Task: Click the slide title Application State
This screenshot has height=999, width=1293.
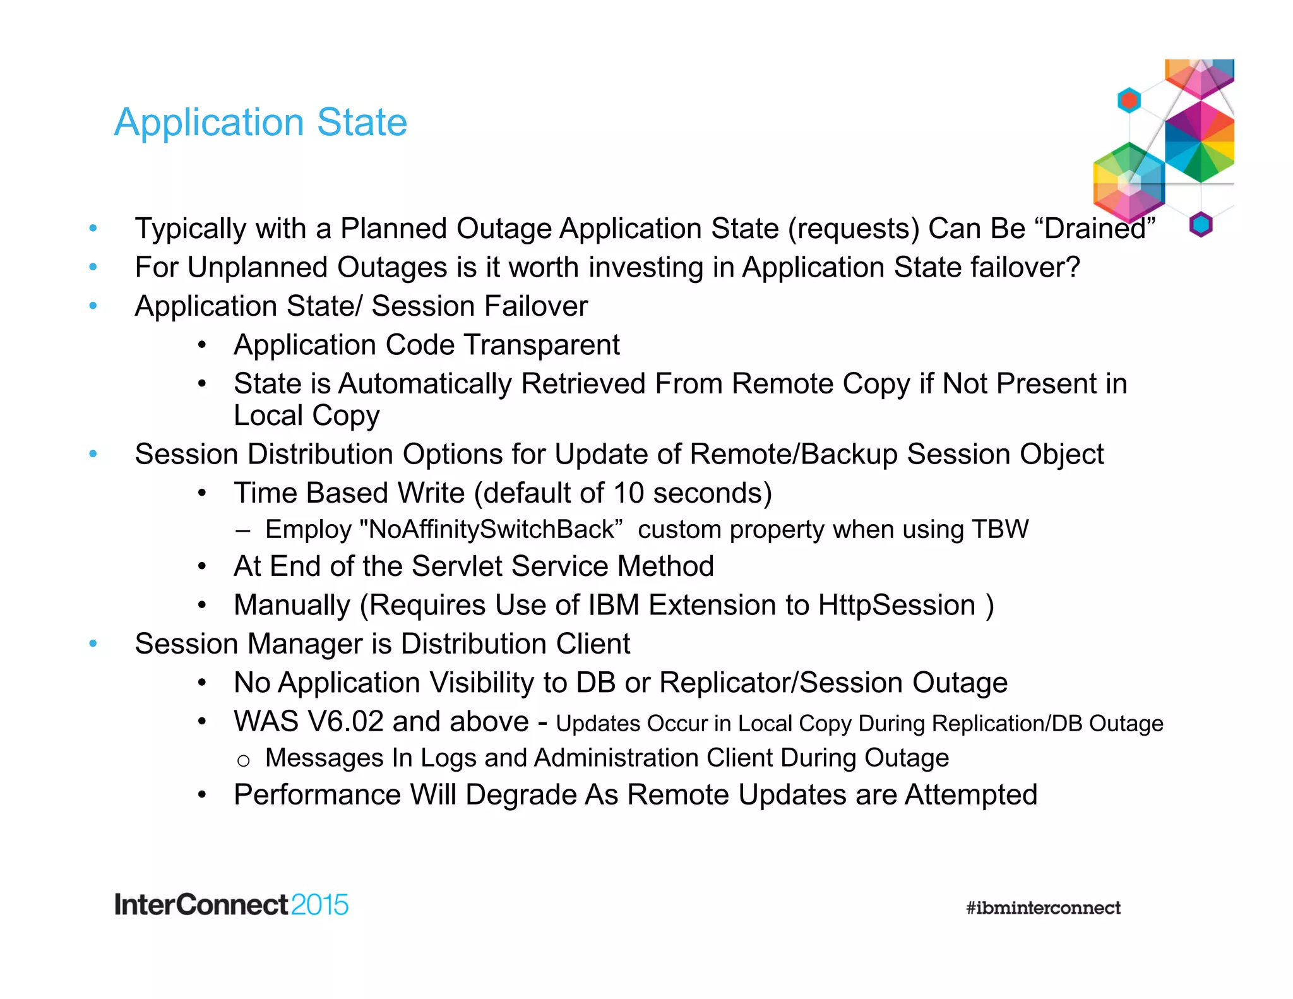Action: tap(260, 122)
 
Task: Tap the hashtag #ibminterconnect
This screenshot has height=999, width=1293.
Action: tap(1043, 907)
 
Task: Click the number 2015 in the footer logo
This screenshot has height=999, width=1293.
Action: tap(319, 905)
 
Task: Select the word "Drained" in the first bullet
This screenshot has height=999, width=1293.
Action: tap(1099, 229)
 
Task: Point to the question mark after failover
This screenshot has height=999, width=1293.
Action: tap(1073, 267)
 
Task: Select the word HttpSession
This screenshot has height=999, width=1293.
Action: tap(897, 605)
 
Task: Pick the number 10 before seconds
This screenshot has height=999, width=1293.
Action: tap(628, 493)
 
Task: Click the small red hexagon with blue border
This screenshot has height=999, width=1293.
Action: tap(1129, 100)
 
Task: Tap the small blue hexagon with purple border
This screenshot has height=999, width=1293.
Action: tap(1201, 224)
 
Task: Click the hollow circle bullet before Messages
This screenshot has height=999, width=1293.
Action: tap(244, 760)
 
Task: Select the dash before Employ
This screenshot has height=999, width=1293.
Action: tap(242, 530)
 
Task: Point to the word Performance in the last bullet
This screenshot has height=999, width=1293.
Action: tap(317, 794)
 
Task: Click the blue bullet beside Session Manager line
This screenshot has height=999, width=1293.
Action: tap(93, 643)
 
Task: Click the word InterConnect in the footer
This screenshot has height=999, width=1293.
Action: tap(201, 905)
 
